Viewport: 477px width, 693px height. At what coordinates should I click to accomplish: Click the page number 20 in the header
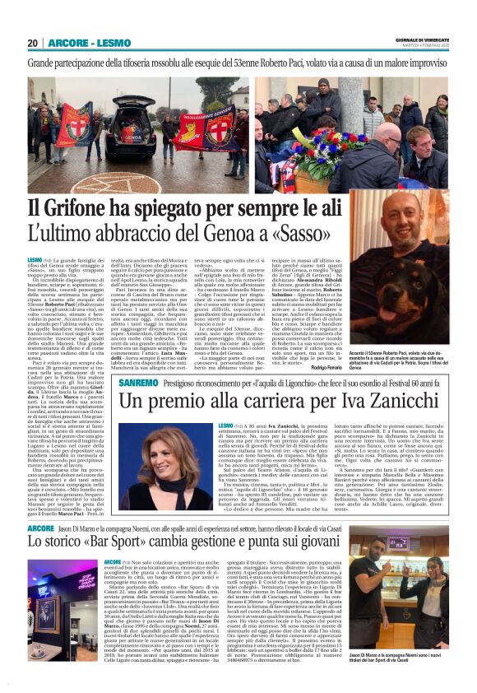(33, 43)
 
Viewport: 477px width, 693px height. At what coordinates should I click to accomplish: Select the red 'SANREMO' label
(140, 362)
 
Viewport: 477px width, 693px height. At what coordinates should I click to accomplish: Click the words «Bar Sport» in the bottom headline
(118, 520)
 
